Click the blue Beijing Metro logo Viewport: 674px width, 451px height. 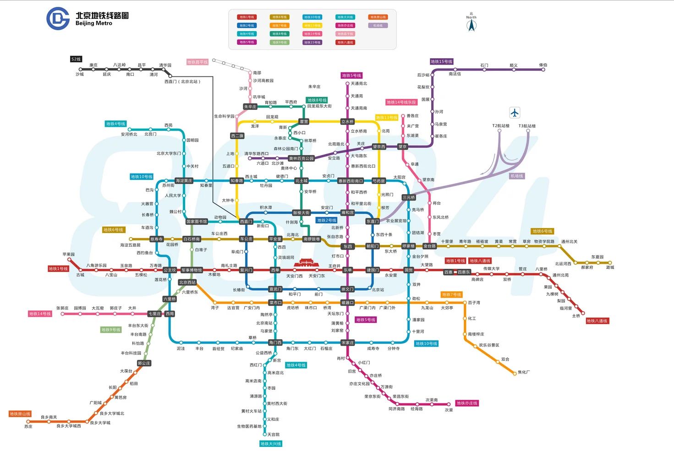(58, 18)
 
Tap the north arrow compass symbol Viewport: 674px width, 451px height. (471, 25)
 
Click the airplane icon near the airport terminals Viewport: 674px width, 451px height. (515, 113)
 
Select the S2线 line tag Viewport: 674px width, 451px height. (76, 59)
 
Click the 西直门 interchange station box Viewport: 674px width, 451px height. (246, 222)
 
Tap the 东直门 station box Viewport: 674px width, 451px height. (373, 222)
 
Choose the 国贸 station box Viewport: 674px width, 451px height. (409, 270)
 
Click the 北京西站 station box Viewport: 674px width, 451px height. (187, 283)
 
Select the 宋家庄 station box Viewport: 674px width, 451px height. (347, 342)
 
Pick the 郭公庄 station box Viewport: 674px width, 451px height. (144, 363)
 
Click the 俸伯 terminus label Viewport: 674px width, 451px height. (543, 65)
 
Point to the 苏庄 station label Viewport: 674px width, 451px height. (28, 426)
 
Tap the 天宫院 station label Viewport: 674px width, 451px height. (274, 435)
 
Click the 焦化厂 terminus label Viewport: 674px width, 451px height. (524, 372)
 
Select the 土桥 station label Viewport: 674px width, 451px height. (576, 316)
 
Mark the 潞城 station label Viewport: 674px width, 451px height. (610, 267)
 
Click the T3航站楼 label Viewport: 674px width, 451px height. (527, 126)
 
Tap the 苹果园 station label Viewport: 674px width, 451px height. (69, 254)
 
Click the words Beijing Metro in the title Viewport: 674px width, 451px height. (94, 23)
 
